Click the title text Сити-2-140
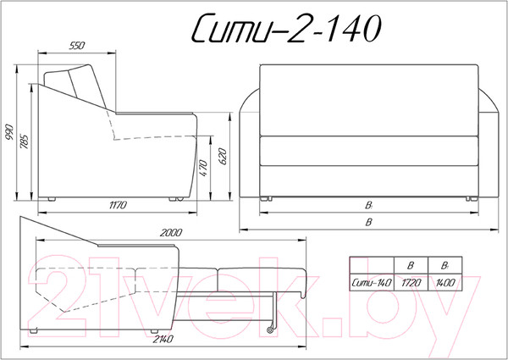coord(287,29)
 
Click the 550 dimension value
coord(77,46)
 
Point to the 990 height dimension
coord(9,132)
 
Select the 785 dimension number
coord(25,141)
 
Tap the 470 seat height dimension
coord(203,168)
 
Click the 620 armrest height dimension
coord(223,156)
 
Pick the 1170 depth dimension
coord(118,205)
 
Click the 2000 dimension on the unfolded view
coord(171,233)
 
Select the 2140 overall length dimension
coord(163,340)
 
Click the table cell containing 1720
coord(411,283)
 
